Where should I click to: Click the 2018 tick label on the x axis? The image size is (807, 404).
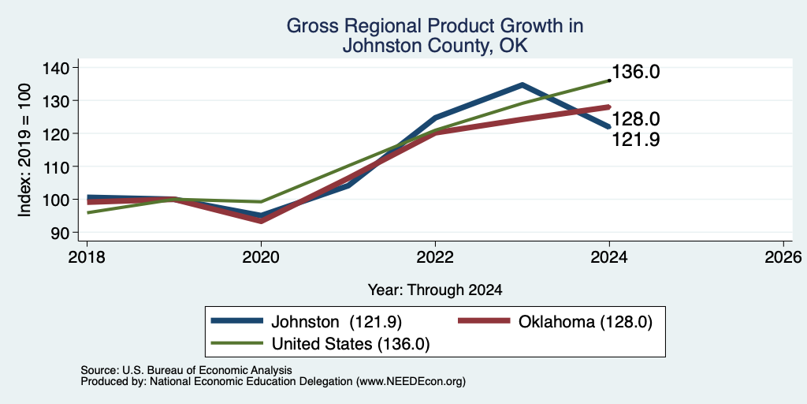pos(87,256)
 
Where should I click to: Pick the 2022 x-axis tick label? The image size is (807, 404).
pos(435,256)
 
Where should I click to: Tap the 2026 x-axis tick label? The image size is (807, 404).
pos(783,256)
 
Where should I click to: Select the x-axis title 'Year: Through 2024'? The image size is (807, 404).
pos(435,290)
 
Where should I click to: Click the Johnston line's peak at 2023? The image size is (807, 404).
pos(522,84)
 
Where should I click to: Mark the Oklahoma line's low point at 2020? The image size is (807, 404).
pos(261,221)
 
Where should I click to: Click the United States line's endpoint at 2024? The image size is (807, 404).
pos(609,80)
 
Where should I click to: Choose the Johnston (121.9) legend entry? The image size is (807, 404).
pos(307,322)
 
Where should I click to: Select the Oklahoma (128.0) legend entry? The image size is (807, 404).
pos(556,322)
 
